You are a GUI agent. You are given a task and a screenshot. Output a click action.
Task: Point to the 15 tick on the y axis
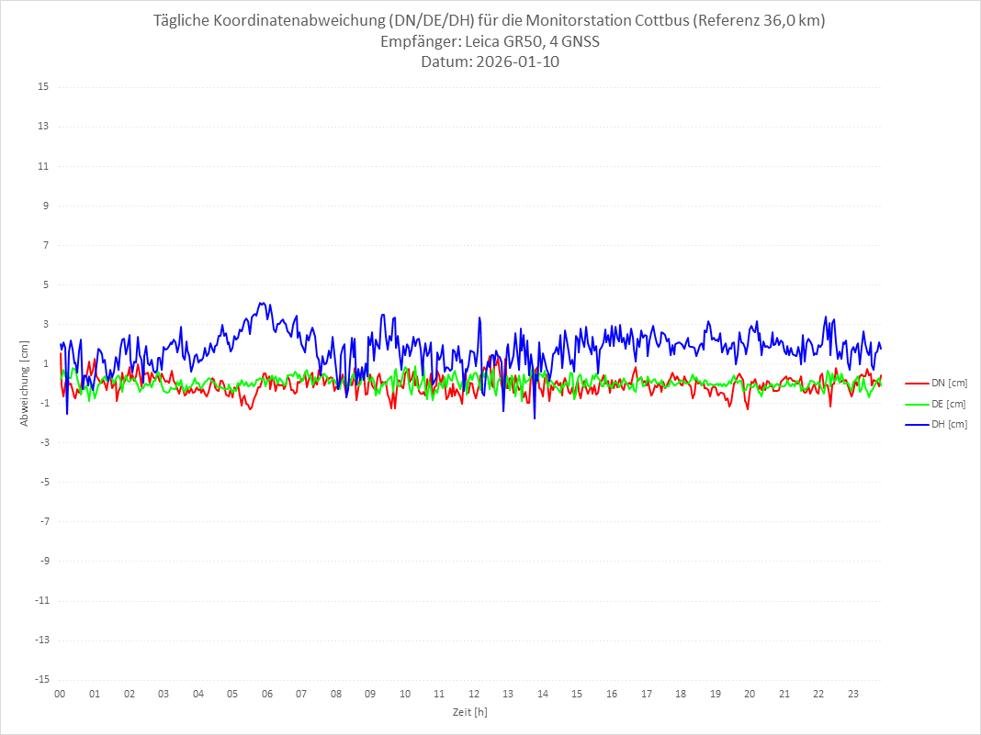point(43,87)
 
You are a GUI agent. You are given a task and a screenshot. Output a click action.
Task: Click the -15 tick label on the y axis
point(41,679)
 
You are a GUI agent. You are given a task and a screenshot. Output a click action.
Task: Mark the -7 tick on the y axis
point(43,521)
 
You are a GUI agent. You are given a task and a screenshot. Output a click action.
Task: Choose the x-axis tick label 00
point(60,694)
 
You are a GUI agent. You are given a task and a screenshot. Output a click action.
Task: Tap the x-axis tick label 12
point(474,694)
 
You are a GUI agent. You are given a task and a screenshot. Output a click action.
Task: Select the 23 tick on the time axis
point(853,694)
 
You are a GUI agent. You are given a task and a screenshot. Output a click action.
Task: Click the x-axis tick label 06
point(266,694)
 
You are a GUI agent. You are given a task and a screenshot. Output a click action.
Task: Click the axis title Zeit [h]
point(469,711)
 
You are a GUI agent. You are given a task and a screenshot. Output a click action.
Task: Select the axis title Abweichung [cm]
point(25,383)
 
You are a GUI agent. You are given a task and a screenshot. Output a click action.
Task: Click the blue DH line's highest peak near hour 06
point(261,303)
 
